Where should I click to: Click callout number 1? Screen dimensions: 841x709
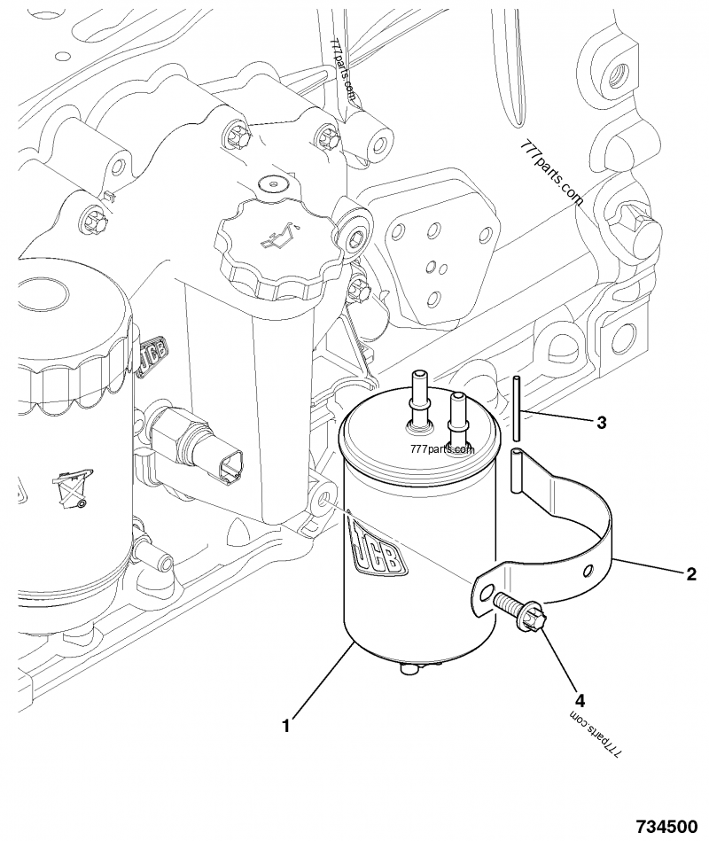point(285,726)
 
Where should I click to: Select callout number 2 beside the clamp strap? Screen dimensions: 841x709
point(690,572)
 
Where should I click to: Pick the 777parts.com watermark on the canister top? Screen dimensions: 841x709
point(443,448)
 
